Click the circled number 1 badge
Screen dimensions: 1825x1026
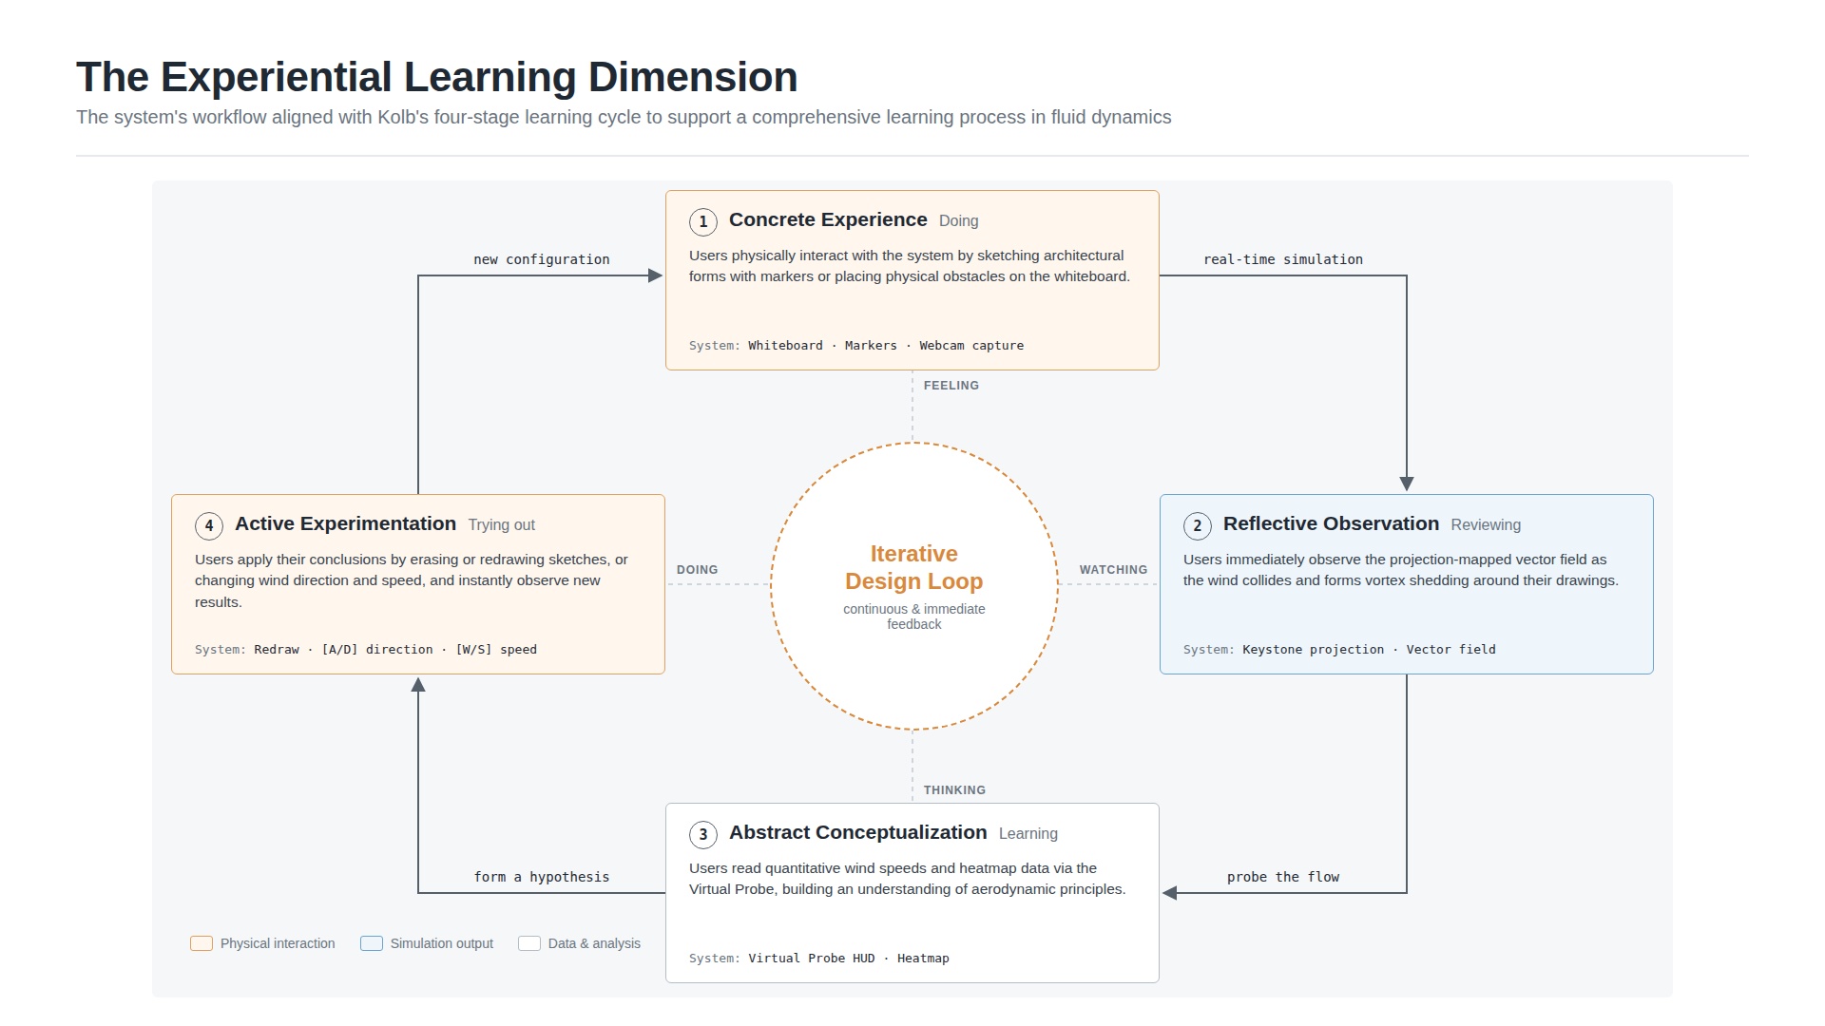(x=703, y=222)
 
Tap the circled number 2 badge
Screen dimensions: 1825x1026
(x=1198, y=526)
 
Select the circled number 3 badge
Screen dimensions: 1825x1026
(x=703, y=835)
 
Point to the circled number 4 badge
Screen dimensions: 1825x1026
(x=209, y=526)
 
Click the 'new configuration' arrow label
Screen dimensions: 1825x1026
(x=542, y=259)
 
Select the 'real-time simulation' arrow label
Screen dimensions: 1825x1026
(x=1283, y=259)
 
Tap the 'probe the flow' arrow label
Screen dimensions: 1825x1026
(x=1283, y=877)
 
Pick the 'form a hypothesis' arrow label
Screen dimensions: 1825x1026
(x=542, y=877)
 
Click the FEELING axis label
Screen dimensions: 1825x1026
(x=951, y=386)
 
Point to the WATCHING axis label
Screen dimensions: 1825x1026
(x=1113, y=570)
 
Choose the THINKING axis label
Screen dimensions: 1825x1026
(x=954, y=790)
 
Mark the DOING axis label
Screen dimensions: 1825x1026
(x=697, y=570)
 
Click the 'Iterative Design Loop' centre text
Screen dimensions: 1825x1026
(x=914, y=567)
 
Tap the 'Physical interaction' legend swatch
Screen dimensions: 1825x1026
(x=202, y=943)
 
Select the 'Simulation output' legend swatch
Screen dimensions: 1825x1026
(x=372, y=943)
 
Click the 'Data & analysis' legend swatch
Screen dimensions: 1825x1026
(x=529, y=943)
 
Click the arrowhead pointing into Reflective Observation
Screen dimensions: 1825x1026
(x=1407, y=484)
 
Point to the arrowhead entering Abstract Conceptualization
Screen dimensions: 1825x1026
(x=1170, y=893)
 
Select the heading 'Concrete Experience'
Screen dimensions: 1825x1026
(x=828, y=220)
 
